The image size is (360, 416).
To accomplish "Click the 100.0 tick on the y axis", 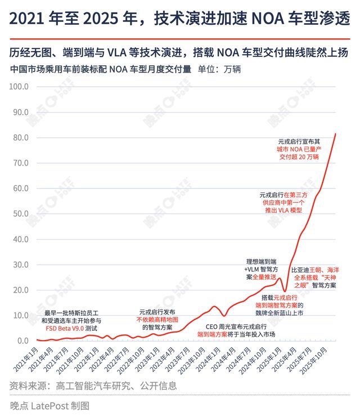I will point(19,87).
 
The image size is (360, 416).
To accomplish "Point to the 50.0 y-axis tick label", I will point(20,214).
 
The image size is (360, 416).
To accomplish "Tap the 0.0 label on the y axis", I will point(22,341).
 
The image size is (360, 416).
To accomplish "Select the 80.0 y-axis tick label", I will point(20,137).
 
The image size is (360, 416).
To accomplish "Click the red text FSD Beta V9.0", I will point(64,328).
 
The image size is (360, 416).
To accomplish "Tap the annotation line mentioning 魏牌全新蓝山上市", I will point(276,312).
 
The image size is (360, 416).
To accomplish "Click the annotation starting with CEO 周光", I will point(236,326).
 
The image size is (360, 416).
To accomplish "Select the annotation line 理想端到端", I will point(261,262).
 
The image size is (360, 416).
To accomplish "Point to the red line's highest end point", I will point(336,134).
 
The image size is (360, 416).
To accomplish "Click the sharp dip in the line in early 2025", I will point(285,291).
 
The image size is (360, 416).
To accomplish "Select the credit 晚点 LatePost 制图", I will point(49,405).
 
